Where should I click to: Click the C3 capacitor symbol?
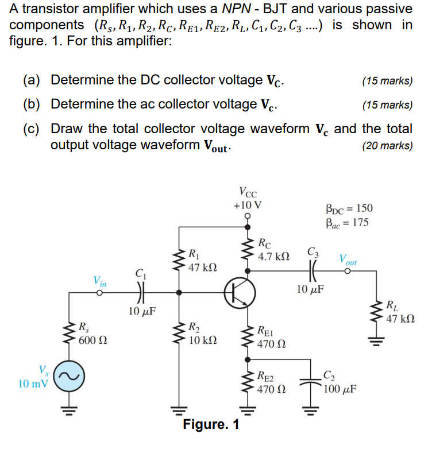[313, 270]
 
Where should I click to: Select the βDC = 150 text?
[349, 209]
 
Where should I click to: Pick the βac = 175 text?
[348, 222]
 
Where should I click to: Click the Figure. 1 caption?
[211, 425]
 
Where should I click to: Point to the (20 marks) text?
[387, 145]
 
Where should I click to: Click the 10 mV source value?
[33, 383]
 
